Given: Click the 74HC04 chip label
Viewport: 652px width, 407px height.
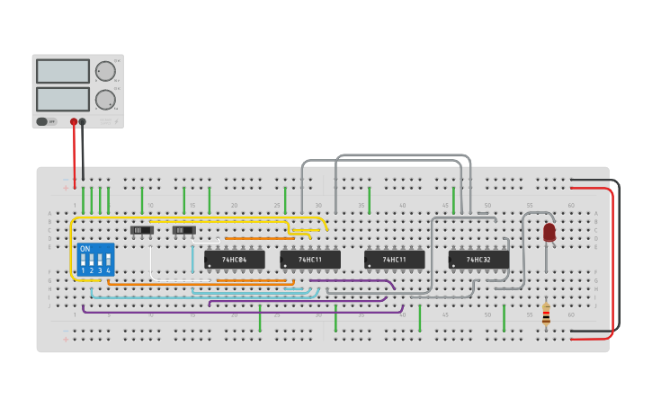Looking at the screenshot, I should (x=234, y=260).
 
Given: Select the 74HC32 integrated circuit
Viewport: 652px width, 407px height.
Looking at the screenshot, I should (x=478, y=260).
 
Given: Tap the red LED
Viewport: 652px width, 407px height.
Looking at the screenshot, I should (x=549, y=232).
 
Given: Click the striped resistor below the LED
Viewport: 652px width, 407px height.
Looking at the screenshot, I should (x=546, y=313).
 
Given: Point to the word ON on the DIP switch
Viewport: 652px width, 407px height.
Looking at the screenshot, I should (x=85, y=249).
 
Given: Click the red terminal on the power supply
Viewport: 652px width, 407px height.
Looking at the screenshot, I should (x=74, y=121).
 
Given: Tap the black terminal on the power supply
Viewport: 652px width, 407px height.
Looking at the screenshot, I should (x=83, y=121).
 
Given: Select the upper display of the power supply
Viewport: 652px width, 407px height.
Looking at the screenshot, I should (x=63, y=71).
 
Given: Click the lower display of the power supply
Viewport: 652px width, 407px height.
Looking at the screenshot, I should (x=63, y=98).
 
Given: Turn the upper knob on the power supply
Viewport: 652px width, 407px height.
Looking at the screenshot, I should (x=105, y=71).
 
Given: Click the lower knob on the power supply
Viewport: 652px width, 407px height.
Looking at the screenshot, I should (x=105, y=98).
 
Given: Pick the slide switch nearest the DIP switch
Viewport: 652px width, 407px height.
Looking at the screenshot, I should (x=142, y=230).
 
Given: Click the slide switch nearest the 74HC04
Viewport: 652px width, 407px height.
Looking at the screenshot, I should (x=183, y=230).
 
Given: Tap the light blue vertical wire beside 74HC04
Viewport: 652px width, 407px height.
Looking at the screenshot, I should (x=192, y=258).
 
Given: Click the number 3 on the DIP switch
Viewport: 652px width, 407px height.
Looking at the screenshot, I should (x=100, y=270).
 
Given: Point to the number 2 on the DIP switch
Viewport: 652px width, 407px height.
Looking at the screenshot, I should (x=92, y=270).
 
